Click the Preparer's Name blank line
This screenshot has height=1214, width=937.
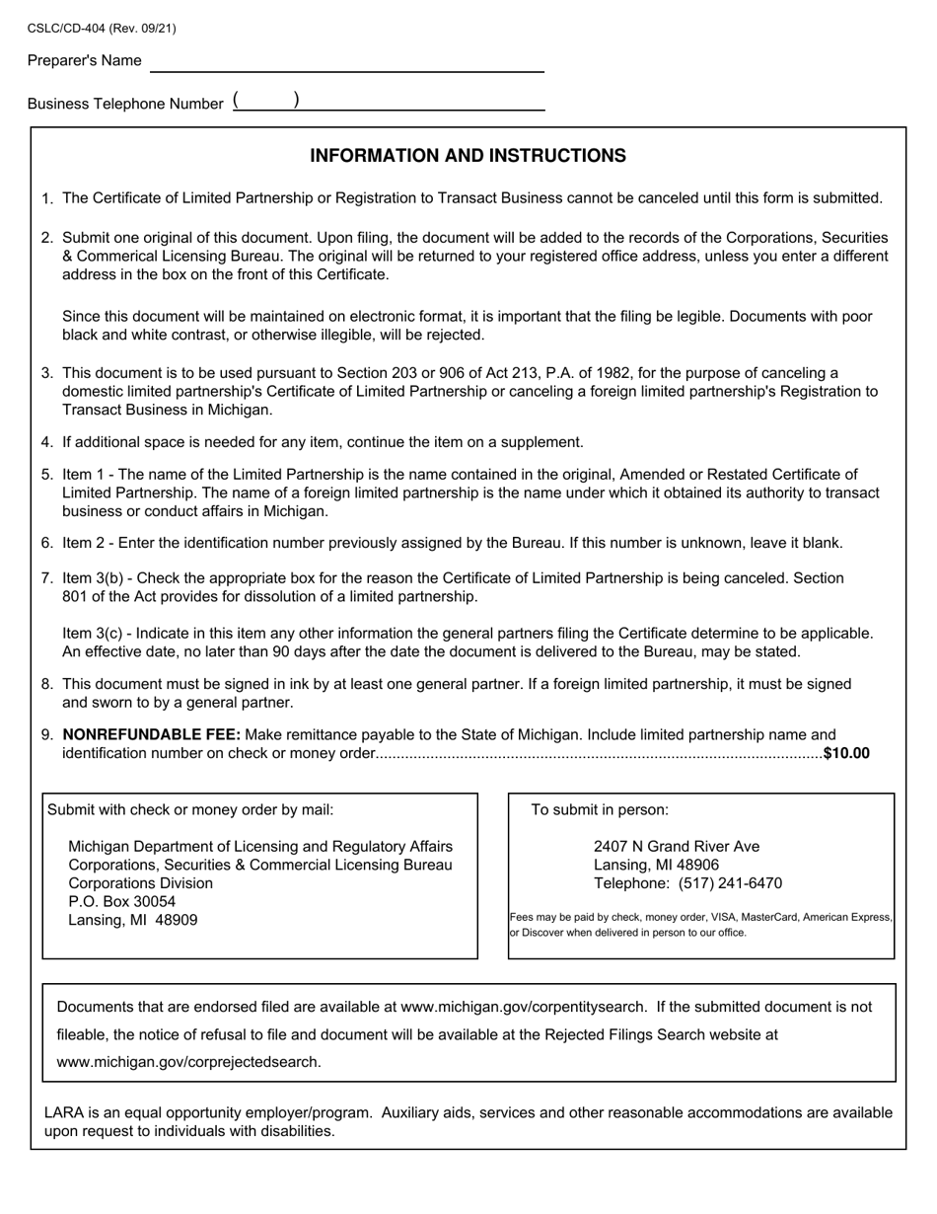346,63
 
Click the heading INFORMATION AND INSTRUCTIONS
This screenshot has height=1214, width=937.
468,156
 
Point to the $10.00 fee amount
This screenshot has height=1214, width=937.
846,753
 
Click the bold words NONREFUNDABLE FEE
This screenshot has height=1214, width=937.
151,734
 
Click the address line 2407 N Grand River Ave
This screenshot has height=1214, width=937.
677,846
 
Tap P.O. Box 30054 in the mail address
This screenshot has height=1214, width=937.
121,901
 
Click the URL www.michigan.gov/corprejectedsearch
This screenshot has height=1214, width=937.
188,1062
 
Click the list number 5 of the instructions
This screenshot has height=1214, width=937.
47,475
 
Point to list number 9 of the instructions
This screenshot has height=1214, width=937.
47,735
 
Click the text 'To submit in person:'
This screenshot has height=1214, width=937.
600,809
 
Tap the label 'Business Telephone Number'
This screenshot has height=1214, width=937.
125,104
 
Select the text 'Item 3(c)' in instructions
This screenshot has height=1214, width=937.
94,633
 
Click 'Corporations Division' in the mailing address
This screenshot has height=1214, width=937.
140,882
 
